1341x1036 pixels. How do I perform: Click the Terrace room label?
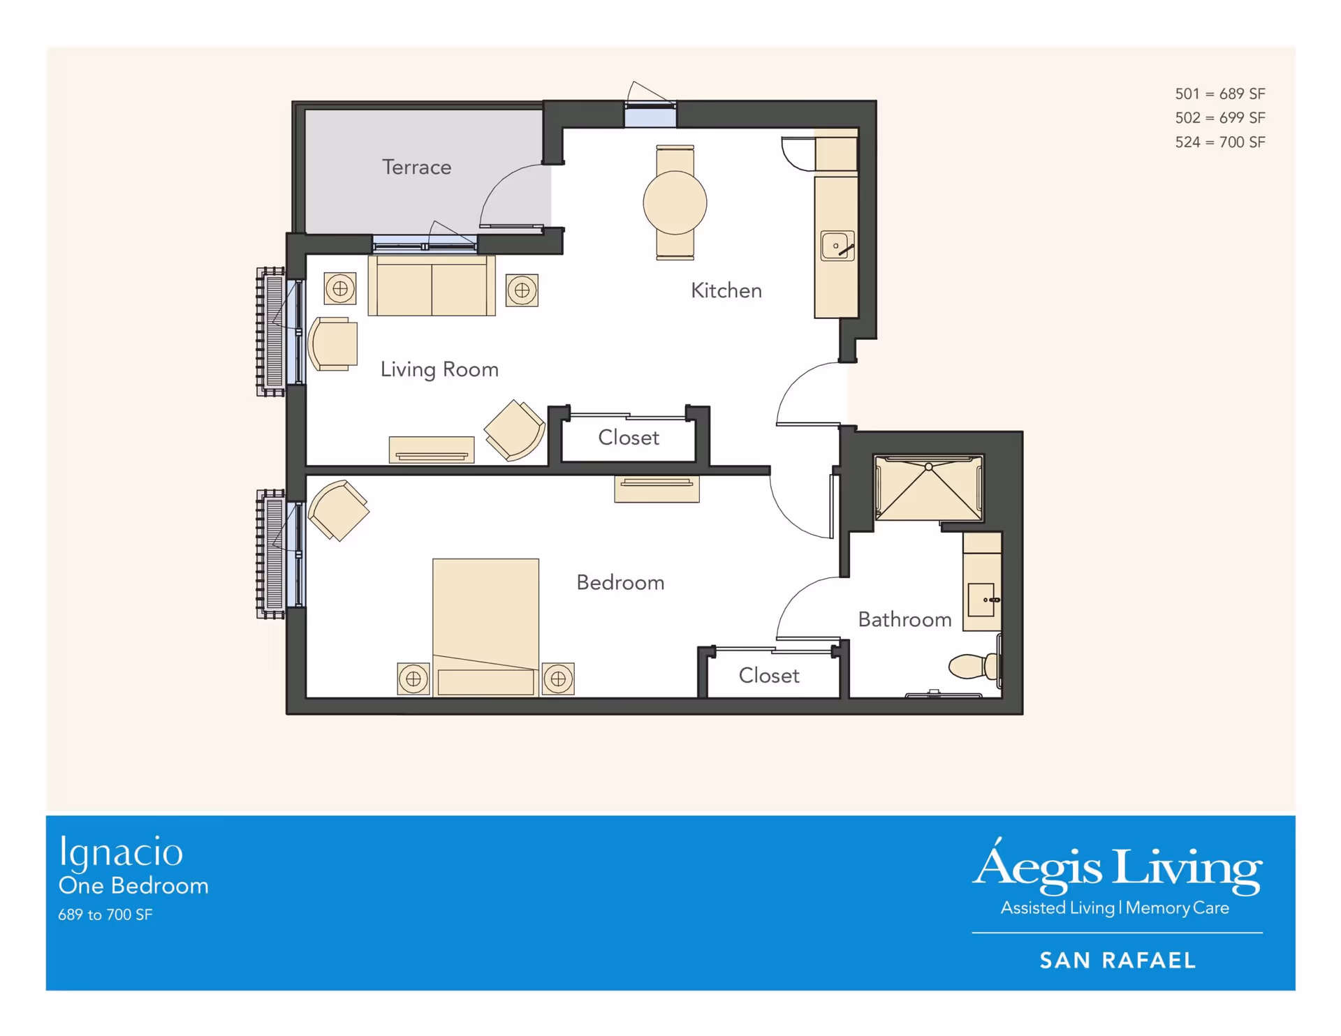pyautogui.click(x=416, y=167)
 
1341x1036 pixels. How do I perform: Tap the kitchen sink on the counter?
pyautogui.click(x=837, y=246)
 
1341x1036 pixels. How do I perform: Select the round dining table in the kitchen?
pyautogui.click(x=675, y=202)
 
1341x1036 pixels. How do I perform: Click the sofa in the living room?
pyautogui.click(x=432, y=286)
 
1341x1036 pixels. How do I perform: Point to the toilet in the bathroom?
pyautogui.click(x=974, y=665)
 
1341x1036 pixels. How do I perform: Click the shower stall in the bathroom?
pyautogui.click(x=929, y=489)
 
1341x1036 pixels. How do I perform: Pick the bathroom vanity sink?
pyautogui.click(x=982, y=600)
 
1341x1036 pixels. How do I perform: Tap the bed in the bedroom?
pyautogui.click(x=485, y=626)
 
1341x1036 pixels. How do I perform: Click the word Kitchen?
pyautogui.click(x=726, y=290)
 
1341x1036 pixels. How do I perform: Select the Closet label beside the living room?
pyautogui.click(x=629, y=438)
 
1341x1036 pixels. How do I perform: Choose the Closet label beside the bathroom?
pyautogui.click(x=769, y=676)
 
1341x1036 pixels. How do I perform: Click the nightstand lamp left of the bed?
pyautogui.click(x=413, y=679)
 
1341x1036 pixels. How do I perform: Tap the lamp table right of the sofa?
pyautogui.click(x=522, y=290)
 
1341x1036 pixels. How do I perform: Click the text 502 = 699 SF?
pyautogui.click(x=1220, y=118)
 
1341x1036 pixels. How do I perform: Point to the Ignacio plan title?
pyautogui.click(x=121, y=853)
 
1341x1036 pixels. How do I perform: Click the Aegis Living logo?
pyautogui.click(x=1117, y=877)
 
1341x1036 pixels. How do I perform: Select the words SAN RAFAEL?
pyautogui.click(x=1117, y=961)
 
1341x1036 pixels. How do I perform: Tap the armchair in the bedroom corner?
pyautogui.click(x=338, y=510)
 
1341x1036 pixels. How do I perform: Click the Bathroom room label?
pyautogui.click(x=904, y=620)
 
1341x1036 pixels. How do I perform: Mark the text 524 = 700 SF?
pyautogui.click(x=1220, y=142)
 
